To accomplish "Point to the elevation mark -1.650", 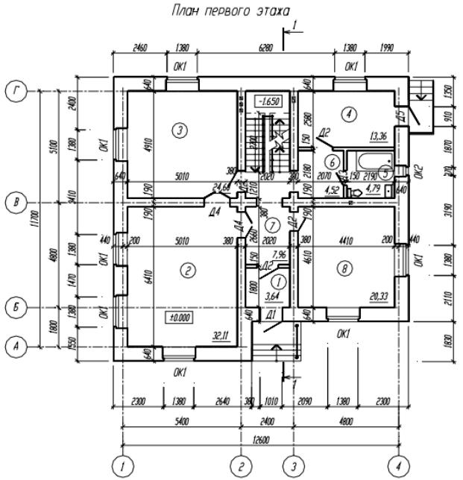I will (x=268, y=101).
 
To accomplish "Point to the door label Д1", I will (x=272, y=316).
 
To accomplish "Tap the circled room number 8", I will (x=344, y=270).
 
